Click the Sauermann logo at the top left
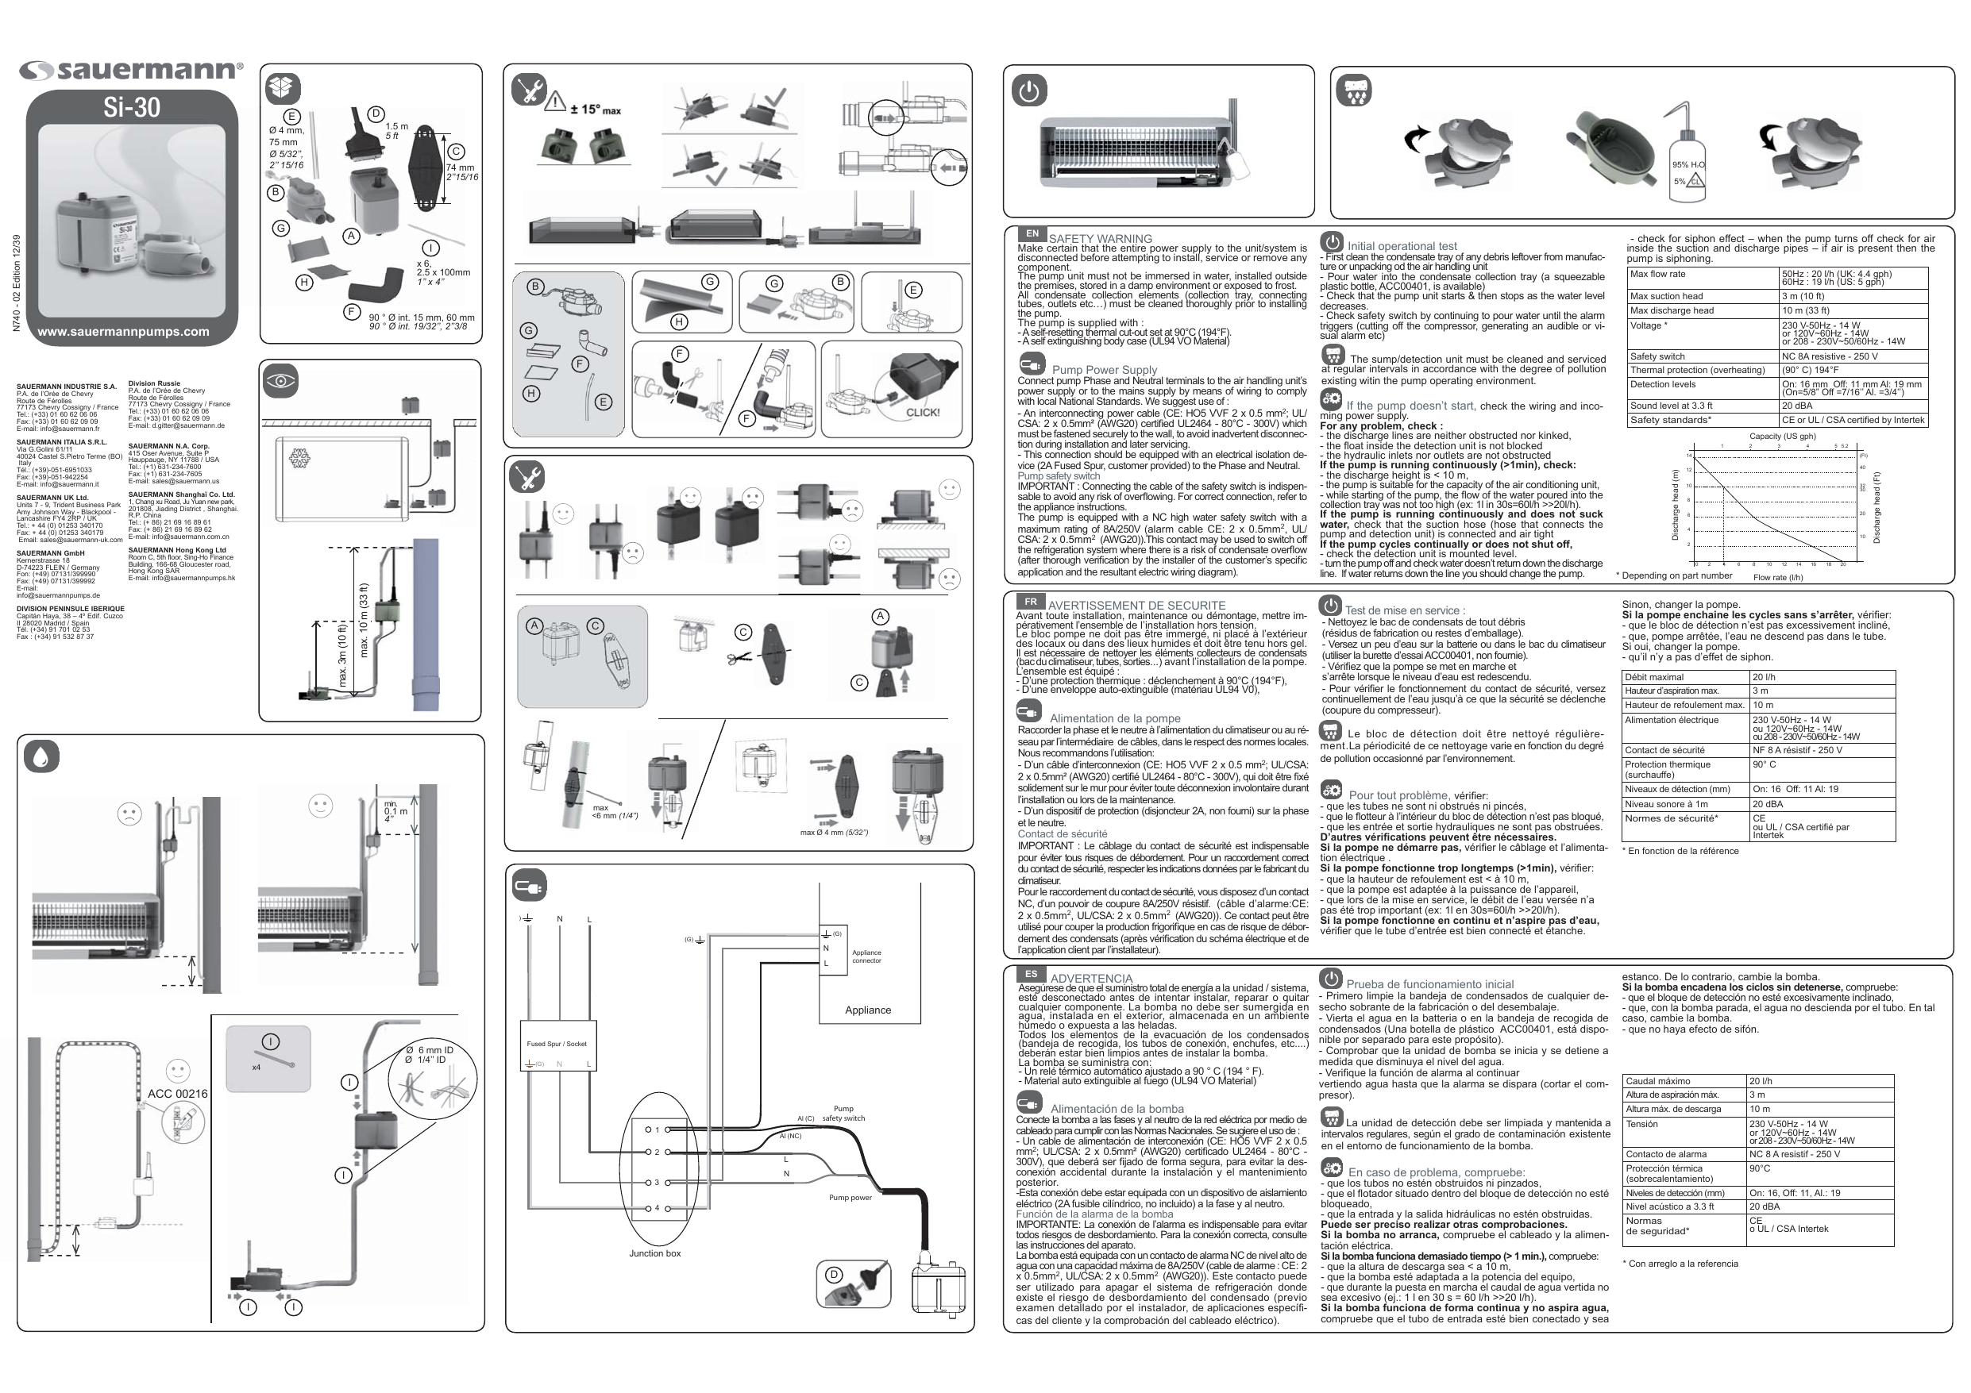point(130,71)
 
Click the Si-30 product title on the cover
point(132,107)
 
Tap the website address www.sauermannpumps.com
point(124,331)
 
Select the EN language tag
point(1032,233)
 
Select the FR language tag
point(1030,602)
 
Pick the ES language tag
point(1031,974)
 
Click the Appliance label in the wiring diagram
point(868,1010)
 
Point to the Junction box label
point(654,1253)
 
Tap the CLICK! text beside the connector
point(923,412)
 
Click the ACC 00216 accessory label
point(178,1094)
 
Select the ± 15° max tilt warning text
point(595,109)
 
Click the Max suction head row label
point(1666,296)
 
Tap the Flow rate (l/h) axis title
point(1778,578)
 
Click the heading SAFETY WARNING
point(1100,239)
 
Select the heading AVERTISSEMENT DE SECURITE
point(1136,605)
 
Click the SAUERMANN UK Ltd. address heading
point(52,498)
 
